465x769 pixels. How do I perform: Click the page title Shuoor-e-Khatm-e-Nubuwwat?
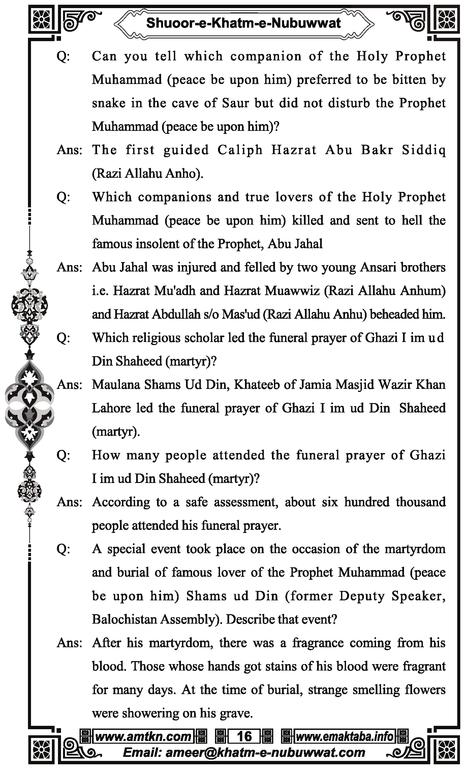tap(243, 23)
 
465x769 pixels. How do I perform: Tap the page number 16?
tap(244, 736)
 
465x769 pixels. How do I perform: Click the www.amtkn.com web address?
tap(143, 736)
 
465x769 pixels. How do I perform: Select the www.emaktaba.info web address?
tap(344, 736)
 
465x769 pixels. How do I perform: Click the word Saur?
tap(236, 103)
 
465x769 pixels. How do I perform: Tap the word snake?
tap(108, 103)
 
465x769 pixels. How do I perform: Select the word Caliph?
tap(240, 150)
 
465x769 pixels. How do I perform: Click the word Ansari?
tap(379, 267)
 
